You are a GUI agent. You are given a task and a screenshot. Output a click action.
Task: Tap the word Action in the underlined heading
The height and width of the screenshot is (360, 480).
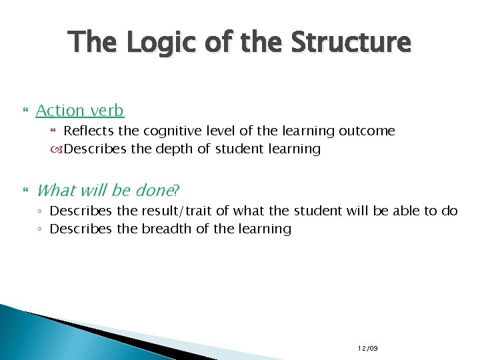(61, 111)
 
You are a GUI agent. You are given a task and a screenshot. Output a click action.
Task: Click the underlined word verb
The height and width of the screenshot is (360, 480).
(107, 111)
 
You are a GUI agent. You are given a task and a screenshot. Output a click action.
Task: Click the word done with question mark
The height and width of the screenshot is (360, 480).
(157, 191)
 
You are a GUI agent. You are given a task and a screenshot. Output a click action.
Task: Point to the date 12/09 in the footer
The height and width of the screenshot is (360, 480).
(367, 348)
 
